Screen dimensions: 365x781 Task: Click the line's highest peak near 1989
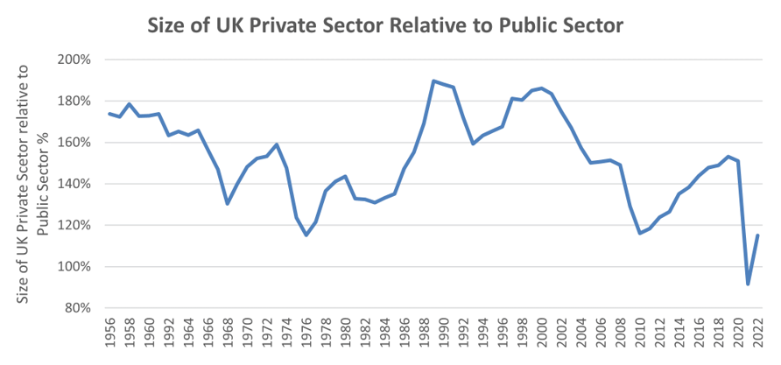click(x=433, y=81)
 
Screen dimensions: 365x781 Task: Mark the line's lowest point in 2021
click(x=748, y=284)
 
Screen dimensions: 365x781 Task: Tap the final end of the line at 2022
click(x=757, y=235)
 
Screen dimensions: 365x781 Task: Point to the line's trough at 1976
click(x=306, y=235)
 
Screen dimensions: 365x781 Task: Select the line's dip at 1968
click(x=228, y=204)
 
